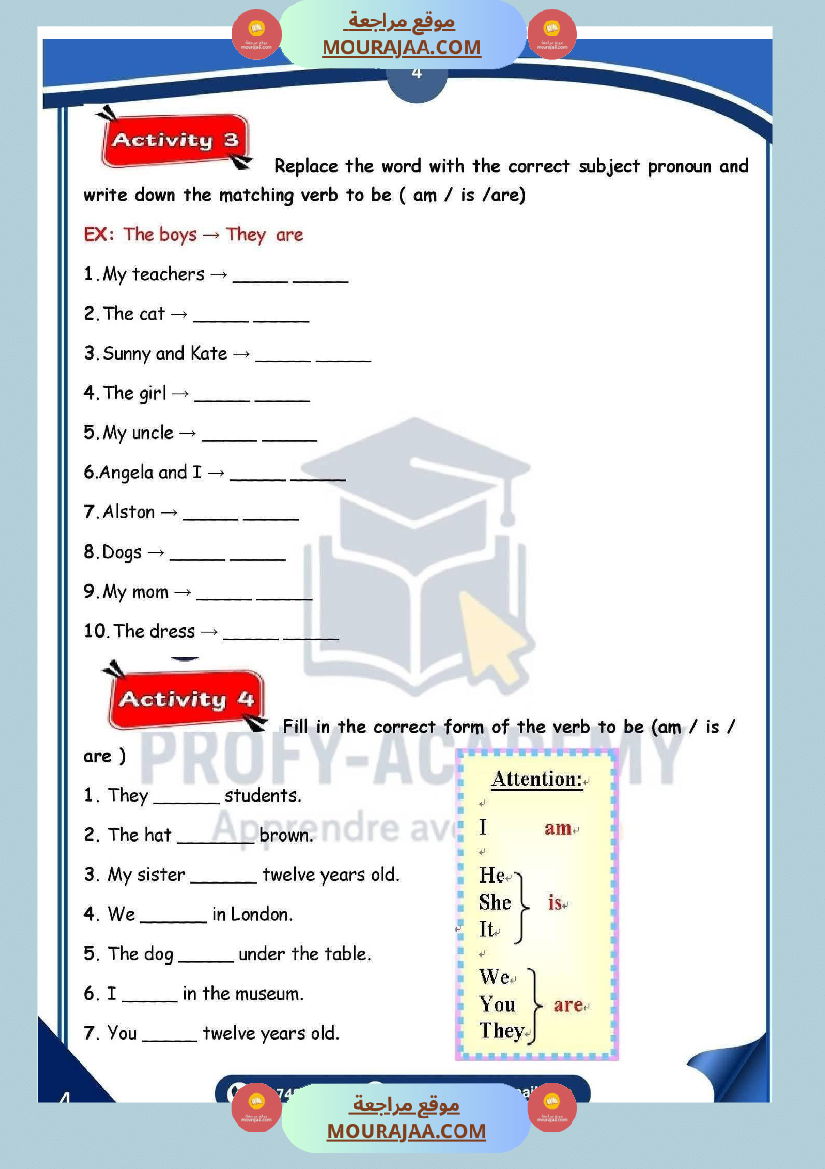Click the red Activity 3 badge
[x=175, y=141]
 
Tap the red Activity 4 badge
[x=186, y=700]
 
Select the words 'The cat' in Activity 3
[x=134, y=314]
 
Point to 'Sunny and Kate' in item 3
[x=165, y=353]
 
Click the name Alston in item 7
[x=129, y=512]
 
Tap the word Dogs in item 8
[x=122, y=552]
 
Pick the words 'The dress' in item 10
[x=154, y=631]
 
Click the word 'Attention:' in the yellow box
[x=537, y=779]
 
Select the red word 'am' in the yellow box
[x=557, y=828]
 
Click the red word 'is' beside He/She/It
[x=555, y=902]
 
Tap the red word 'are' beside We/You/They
[x=567, y=1004]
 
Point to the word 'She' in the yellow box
[x=495, y=902]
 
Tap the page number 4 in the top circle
[x=416, y=73]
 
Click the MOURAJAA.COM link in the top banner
[x=402, y=47]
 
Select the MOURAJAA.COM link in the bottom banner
[x=406, y=1131]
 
